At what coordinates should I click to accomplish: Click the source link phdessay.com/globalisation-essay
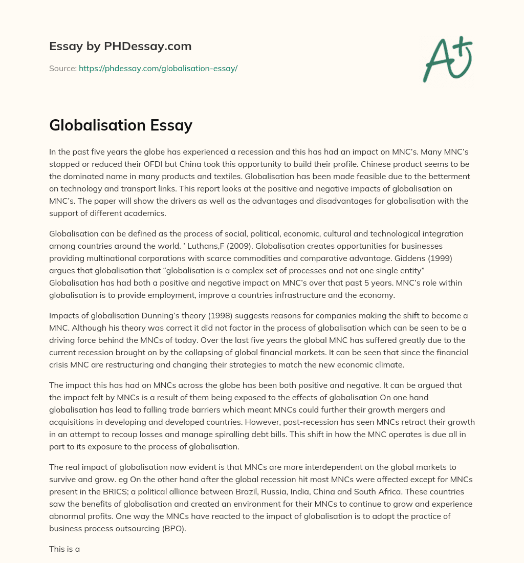point(158,68)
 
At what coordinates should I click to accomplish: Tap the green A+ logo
point(447,60)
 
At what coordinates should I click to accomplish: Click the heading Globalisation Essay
point(121,125)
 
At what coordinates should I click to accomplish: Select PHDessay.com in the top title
point(148,46)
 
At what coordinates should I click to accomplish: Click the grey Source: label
point(62,68)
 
